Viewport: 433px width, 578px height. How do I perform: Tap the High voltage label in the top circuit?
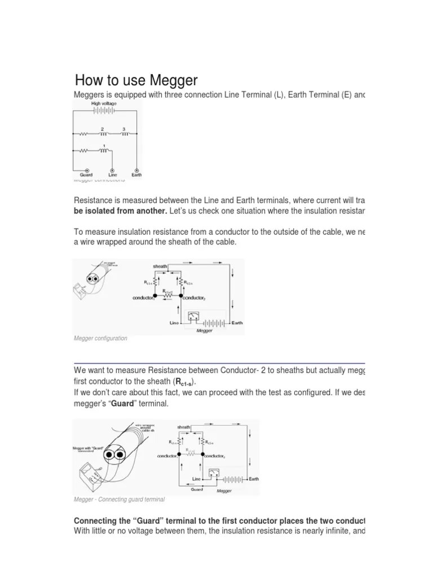coord(104,104)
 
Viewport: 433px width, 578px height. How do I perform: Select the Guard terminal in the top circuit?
coord(86,170)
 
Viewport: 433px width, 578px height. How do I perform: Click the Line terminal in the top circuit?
coord(112,170)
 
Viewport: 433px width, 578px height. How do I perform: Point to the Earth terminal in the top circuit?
coord(136,170)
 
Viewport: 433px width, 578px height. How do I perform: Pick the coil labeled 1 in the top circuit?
coord(104,150)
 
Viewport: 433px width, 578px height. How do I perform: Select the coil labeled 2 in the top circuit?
coord(103,134)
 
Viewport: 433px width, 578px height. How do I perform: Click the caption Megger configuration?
coord(100,338)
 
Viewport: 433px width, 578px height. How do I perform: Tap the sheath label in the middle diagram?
coord(161,266)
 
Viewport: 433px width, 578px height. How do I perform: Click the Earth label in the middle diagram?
coord(237,323)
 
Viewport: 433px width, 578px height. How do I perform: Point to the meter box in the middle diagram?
coord(195,316)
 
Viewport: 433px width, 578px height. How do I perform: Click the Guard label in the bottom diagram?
coord(197,489)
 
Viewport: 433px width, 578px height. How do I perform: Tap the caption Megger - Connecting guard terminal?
coord(119,500)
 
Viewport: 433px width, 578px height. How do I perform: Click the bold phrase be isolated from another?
coord(120,211)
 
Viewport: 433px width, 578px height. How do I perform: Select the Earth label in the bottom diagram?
coord(254,479)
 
